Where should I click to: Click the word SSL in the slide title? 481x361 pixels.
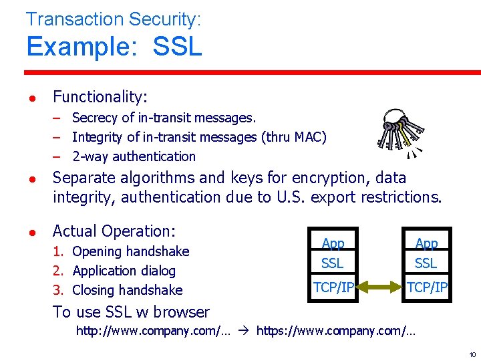click(x=177, y=47)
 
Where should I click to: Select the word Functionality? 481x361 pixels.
click(x=99, y=97)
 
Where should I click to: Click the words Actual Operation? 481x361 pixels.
click(x=114, y=232)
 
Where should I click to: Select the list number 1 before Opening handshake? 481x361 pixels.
click(x=58, y=252)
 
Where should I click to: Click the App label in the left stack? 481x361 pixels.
click(x=333, y=244)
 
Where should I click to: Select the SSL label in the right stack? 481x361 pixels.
click(x=426, y=263)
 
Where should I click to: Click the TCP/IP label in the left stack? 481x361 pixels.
click(x=333, y=287)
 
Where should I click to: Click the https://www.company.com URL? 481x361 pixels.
click(x=335, y=330)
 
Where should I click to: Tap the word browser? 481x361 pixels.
click(x=181, y=312)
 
